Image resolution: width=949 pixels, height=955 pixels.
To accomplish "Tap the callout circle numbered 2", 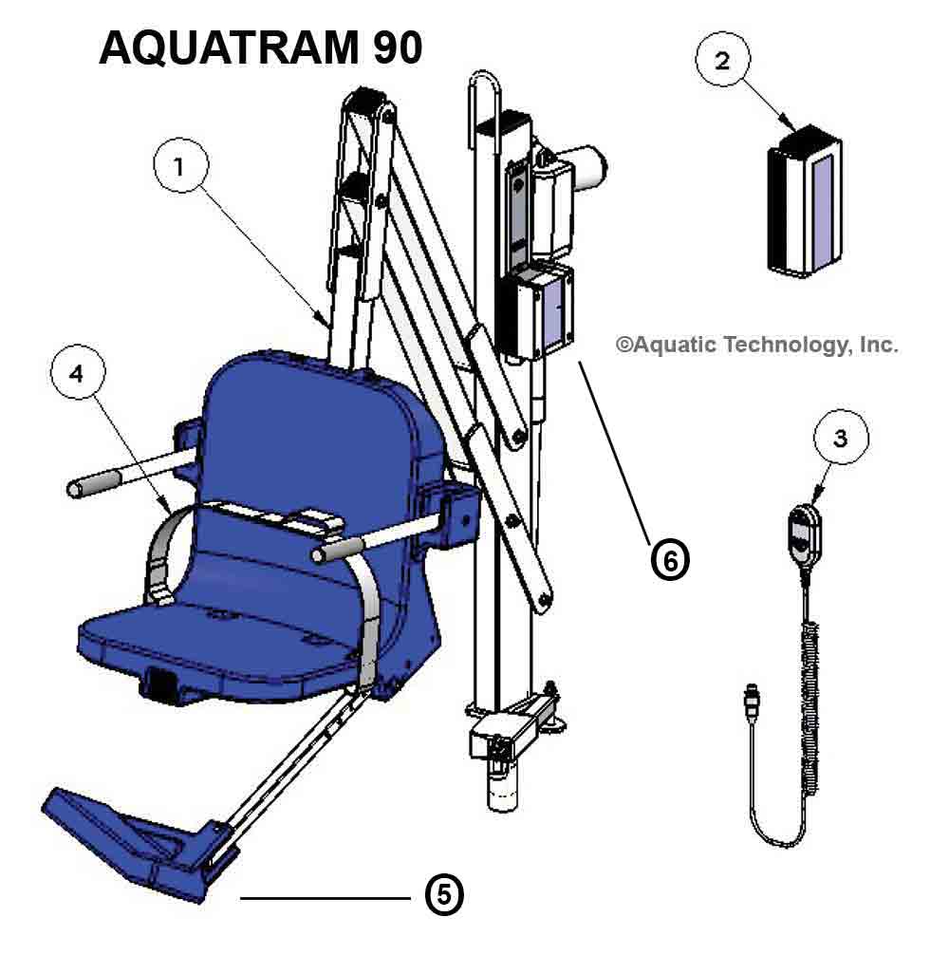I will tap(723, 62).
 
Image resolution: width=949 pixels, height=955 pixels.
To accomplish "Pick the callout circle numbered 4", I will tap(77, 373).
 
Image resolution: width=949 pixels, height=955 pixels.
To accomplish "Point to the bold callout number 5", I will tap(444, 894).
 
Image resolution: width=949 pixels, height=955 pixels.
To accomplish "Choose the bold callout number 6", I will tap(669, 560).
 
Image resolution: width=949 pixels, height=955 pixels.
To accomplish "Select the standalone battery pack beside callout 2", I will tap(804, 203).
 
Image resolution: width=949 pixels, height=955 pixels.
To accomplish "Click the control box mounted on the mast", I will tap(539, 310).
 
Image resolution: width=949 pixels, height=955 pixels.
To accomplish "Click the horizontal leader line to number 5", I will tap(323, 897).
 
